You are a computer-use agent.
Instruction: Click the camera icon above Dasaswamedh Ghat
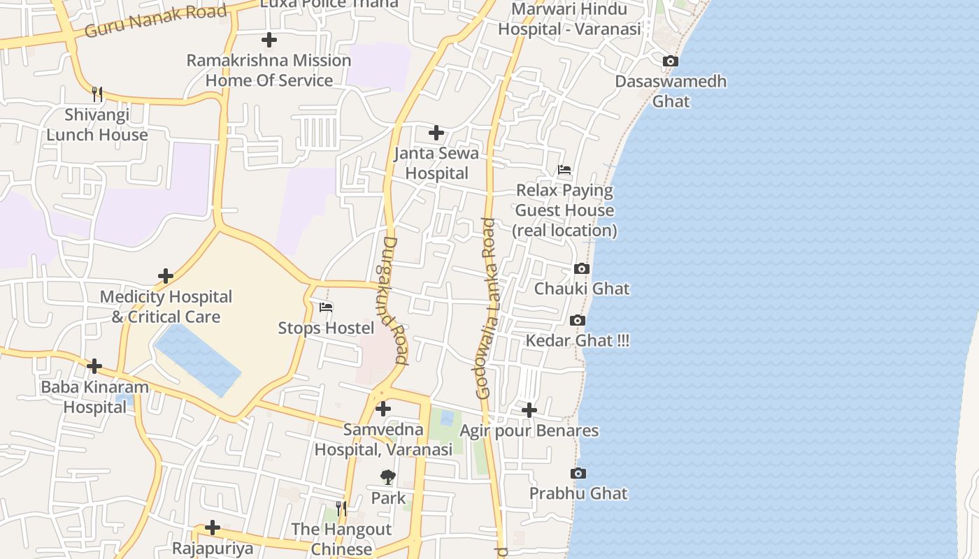671,61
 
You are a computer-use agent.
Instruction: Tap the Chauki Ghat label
582,289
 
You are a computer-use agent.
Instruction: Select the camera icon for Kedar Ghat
578,321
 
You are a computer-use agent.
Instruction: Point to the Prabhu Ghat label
578,493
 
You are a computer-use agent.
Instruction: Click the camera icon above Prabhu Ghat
578,474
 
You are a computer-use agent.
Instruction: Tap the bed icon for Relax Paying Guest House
564,170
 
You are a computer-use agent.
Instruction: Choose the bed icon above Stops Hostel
326,307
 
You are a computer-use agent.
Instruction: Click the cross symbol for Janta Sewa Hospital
436,133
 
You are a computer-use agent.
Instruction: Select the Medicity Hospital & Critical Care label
166,307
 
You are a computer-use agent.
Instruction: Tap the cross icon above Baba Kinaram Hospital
94,366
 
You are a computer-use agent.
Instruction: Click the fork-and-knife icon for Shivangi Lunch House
97,94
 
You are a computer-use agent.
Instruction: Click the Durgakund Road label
395,300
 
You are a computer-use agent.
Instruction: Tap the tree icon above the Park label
388,478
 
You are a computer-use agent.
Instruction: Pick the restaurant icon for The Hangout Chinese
341,509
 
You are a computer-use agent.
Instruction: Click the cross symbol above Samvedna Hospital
383,409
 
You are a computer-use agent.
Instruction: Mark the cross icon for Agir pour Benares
529,410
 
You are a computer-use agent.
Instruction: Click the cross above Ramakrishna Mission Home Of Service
269,40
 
